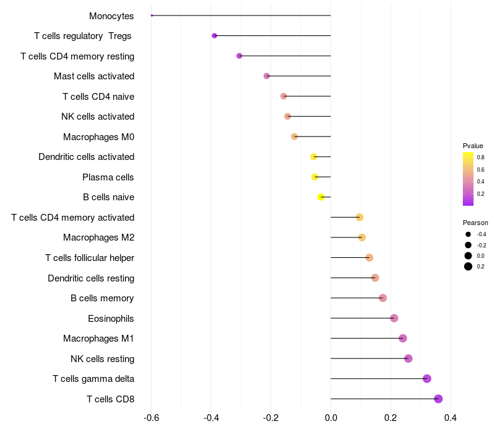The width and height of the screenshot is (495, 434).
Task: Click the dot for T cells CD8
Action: point(438,399)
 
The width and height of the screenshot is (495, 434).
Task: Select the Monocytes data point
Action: point(152,15)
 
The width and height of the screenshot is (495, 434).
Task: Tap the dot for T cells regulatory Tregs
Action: point(214,36)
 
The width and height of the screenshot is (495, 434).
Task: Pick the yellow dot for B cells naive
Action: point(321,197)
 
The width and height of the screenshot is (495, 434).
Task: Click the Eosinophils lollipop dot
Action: point(394,318)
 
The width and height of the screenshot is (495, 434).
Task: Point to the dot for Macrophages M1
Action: point(403,339)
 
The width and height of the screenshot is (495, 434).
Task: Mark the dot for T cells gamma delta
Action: point(426,379)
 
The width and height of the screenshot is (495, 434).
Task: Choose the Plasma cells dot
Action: point(315,177)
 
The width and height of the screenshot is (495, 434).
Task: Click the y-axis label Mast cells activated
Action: point(94,76)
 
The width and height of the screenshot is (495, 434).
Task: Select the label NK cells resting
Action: point(102,358)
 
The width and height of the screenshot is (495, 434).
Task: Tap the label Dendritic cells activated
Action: point(86,157)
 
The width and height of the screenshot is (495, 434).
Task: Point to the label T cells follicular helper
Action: point(90,258)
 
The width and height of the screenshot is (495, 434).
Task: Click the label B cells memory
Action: point(102,298)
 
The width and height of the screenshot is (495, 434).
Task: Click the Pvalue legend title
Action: point(473,146)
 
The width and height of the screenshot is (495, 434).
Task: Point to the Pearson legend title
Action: point(475,223)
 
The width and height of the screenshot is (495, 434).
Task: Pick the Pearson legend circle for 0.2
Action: point(468,267)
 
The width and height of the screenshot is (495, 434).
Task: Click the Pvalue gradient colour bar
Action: point(468,179)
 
